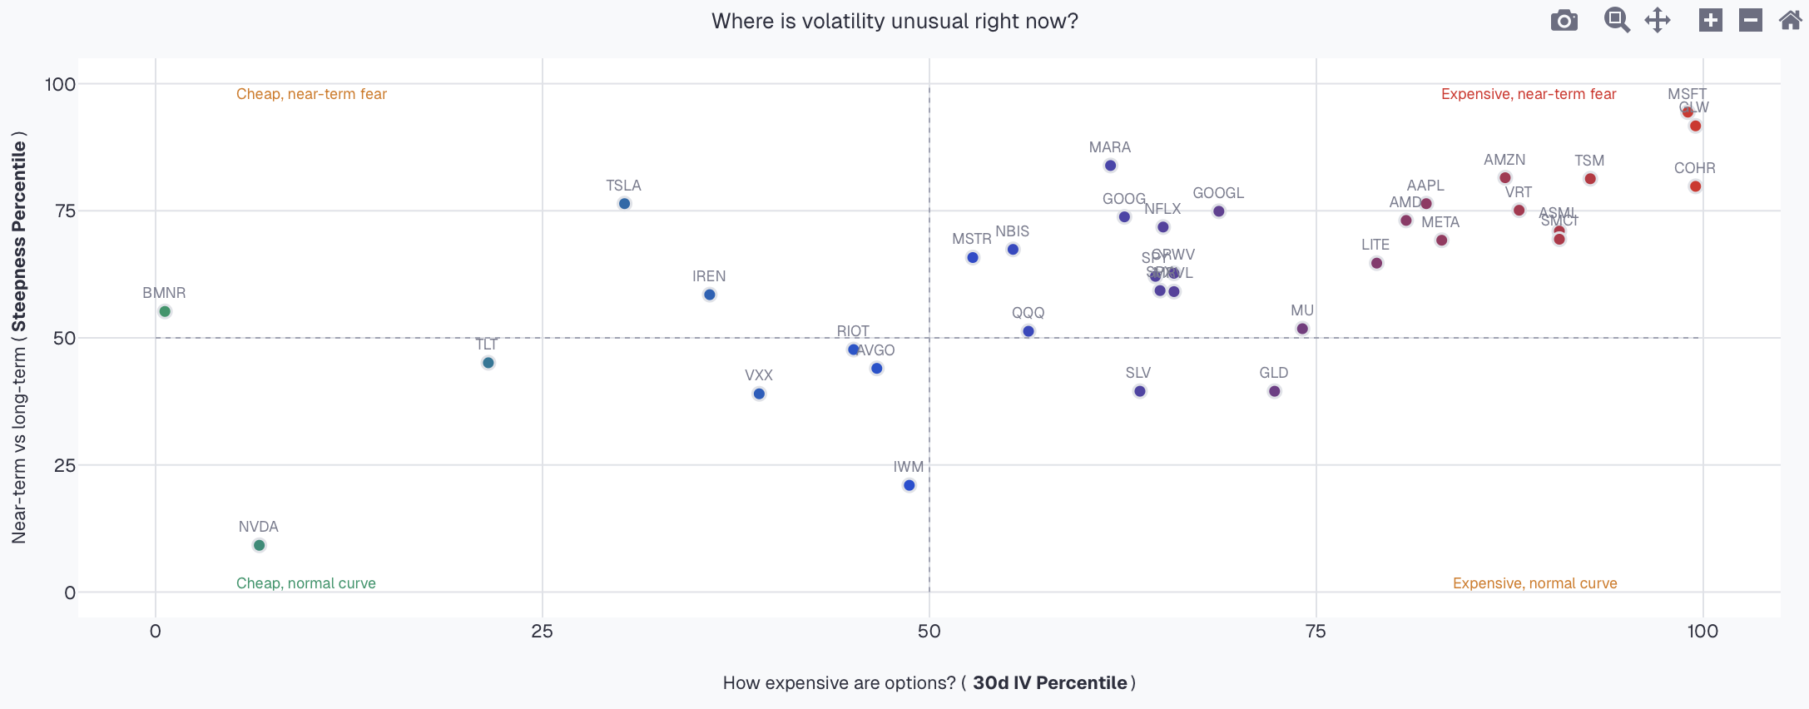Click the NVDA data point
(259, 545)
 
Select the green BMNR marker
(165, 311)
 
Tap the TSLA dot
(624, 204)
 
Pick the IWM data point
(909, 485)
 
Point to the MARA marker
(1110, 166)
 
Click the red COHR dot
(1695, 186)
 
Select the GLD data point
(1274, 391)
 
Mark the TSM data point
(1590, 179)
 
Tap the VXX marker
(759, 394)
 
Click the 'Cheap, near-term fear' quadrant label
(311, 94)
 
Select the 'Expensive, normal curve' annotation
(1534, 583)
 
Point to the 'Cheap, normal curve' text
(306, 583)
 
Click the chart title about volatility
(895, 21)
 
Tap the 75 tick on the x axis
(1316, 631)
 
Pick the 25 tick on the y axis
(65, 465)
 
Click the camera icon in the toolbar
(1564, 20)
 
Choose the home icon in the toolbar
(1790, 20)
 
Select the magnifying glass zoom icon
(1616, 20)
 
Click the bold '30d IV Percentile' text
(1049, 683)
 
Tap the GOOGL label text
(1218, 193)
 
